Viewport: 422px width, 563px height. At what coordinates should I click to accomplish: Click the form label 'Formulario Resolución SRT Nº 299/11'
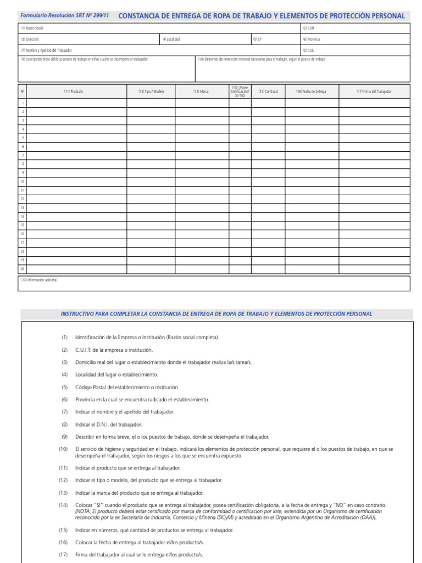[65, 16]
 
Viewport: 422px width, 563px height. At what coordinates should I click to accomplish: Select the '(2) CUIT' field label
[308, 28]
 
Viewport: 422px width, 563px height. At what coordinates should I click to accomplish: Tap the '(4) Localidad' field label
[171, 39]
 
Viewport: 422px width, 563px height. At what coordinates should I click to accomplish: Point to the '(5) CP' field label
[258, 39]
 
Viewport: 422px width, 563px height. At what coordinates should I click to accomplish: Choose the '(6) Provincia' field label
[311, 39]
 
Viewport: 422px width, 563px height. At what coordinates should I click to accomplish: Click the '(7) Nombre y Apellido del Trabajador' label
[47, 50]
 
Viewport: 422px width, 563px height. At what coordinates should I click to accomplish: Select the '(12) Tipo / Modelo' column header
[151, 91]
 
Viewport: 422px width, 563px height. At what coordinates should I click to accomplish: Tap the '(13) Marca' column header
[201, 91]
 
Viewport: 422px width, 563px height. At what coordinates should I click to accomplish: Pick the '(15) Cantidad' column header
[268, 91]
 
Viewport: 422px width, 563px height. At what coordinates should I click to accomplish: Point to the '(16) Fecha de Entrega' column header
[311, 91]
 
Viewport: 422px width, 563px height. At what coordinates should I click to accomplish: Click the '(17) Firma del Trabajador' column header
[375, 91]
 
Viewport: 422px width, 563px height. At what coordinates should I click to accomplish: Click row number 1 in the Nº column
[23, 103]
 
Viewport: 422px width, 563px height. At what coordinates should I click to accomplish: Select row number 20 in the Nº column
[23, 269]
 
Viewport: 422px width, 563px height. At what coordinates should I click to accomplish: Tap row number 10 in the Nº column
[23, 181]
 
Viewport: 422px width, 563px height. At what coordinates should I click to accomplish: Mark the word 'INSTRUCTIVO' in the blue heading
[78, 314]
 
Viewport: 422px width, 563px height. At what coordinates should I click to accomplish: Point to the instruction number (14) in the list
[64, 505]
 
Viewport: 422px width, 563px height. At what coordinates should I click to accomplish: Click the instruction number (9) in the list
[64, 437]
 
